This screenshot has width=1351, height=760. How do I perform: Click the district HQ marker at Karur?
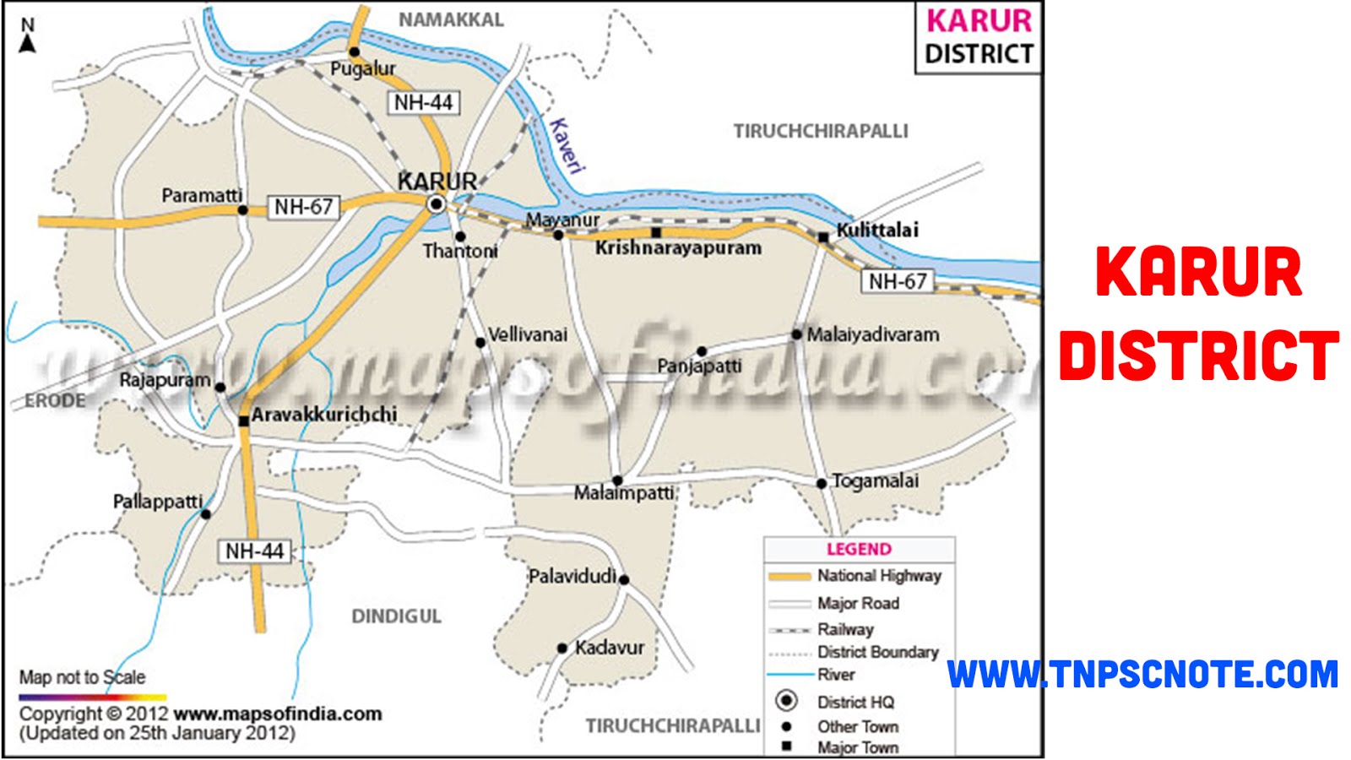pyautogui.click(x=436, y=204)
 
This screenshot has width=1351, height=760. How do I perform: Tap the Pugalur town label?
pyautogui.click(x=362, y=69)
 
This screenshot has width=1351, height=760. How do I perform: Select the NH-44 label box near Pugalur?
pyautogui.click(x=424, y=103)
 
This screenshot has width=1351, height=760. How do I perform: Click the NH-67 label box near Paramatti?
pyautogui.click(x=303, y=207)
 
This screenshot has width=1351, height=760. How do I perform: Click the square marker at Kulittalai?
pyautogui.click(x=823, y=238)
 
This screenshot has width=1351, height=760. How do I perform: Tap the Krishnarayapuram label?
pyautogui.click(x=678, y=248)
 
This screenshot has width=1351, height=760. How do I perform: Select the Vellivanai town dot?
pyautogui.click(x=480, y=342)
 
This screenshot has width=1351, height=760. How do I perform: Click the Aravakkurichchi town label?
pyautogui.click(x=324, y=415)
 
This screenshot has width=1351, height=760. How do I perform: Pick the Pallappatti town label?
pyautogui.click(x=158, y=502)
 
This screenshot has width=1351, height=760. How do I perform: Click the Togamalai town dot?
pyautogui.click(x=821, y=484)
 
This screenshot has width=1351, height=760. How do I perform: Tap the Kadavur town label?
pyautogui.click(x=610, y=648)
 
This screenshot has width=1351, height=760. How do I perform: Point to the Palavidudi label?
pyautogui.click(x=572, y=577)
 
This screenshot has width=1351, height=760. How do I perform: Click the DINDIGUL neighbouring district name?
pyautogui.click(x=396, y=616)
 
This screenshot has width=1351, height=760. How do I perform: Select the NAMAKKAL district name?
pyautogui.click(x=451, y=19)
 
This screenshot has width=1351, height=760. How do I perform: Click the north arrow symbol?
pyautogui.click(x=28, y=37)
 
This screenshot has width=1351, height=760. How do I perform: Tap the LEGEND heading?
pyautogui.click(x=859, y=549)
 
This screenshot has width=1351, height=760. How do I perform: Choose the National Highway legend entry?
pyautogui.click(x=878, y=576)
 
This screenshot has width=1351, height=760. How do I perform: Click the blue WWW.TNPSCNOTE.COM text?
pyautogui.click(x=1142, y=675)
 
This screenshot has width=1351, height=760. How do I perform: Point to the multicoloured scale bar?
pyautogui.click(x=93, y=698)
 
